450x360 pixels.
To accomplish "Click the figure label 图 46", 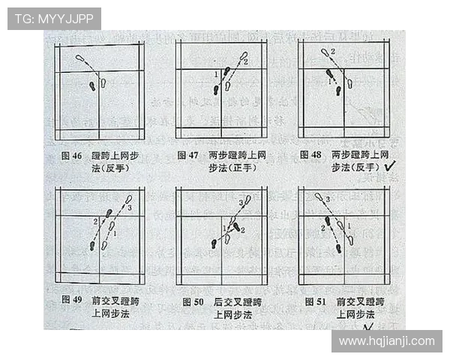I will [71, 156].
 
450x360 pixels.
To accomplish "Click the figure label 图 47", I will [187, 155].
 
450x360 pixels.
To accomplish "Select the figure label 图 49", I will [72, 300].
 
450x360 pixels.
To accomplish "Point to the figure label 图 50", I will [193, 301].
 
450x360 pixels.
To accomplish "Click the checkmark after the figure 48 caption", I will [390, 168].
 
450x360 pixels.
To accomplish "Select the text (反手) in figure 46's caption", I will [112, 168].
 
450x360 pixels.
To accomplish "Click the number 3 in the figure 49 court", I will [129, 207].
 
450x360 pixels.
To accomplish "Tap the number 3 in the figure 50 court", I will [240, 203].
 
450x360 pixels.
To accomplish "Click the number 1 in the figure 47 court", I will [216, 73].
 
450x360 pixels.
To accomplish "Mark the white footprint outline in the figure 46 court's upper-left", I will [79, 58].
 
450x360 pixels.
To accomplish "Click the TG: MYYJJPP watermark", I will [53, 18].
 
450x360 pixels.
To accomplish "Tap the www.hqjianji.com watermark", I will [386, 341].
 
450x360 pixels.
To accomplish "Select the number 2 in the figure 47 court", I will [246, 62].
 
